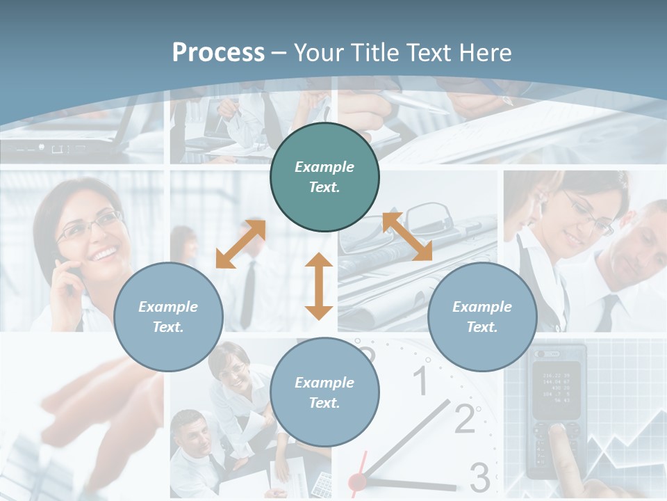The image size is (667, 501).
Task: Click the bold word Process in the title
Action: point(218,53)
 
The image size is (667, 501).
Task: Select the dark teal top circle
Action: point(324,177)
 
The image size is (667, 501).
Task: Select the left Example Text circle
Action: point(168,317)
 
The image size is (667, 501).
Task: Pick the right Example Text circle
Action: point(482,317)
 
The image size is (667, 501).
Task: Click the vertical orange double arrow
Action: point(319,286)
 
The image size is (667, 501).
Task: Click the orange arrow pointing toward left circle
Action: point(240,244)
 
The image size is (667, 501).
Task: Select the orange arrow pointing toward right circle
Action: point(407,237)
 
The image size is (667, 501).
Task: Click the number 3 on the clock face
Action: point(479,477)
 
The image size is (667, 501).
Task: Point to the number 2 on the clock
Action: point(464,417)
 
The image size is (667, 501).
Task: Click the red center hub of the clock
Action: point(357,481)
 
